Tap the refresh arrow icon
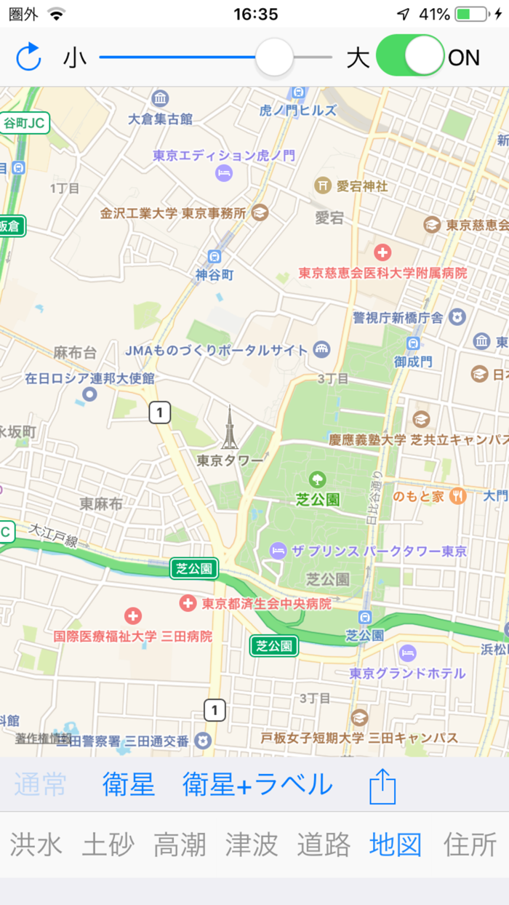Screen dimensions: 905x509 (28, 57)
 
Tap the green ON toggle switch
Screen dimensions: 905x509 (410, 56)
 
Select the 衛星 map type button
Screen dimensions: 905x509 (129, 785)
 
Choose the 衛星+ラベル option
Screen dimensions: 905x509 (257, 785)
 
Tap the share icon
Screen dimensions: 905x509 (382, 786)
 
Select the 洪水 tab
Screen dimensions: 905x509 (36, 845)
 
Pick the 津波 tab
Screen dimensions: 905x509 (252, 845)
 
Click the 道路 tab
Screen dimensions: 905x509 (324, 845)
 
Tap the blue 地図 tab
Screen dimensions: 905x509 (396, 845)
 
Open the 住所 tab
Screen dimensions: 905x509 (470, 845)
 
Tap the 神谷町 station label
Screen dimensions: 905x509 (214, 274)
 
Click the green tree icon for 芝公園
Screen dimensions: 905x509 (317, 479)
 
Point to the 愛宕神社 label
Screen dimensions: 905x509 (361, 186)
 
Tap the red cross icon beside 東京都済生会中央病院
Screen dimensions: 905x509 (188, 603)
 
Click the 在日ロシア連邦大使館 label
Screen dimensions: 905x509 (89, 378)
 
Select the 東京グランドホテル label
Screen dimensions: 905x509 (407, 673)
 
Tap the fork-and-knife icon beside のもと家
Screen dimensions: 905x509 (457, 496)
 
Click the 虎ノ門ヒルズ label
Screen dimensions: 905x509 (298, 111)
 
